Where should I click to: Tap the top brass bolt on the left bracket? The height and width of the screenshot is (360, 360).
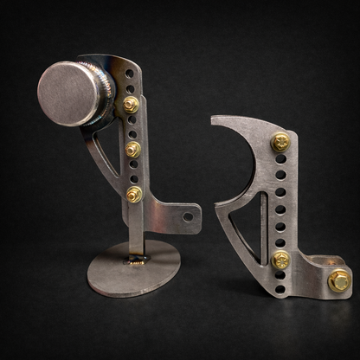[131, 105]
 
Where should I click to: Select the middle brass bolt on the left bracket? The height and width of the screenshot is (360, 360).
[132, 150]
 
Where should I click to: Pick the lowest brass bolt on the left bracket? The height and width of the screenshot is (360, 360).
[134, 194]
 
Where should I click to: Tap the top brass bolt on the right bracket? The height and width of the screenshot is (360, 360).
[280, 142]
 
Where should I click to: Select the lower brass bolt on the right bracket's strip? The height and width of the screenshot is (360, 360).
[280, 258]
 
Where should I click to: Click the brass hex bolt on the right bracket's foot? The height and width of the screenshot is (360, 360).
[338, 280]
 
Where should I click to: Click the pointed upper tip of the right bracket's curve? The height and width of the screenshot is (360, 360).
[213, 119]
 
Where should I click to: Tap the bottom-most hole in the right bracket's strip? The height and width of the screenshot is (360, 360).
[280, 276]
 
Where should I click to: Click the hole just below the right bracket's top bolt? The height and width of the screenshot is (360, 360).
[280, 161]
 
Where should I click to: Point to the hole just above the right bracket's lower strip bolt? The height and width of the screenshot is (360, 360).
[280, 241]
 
